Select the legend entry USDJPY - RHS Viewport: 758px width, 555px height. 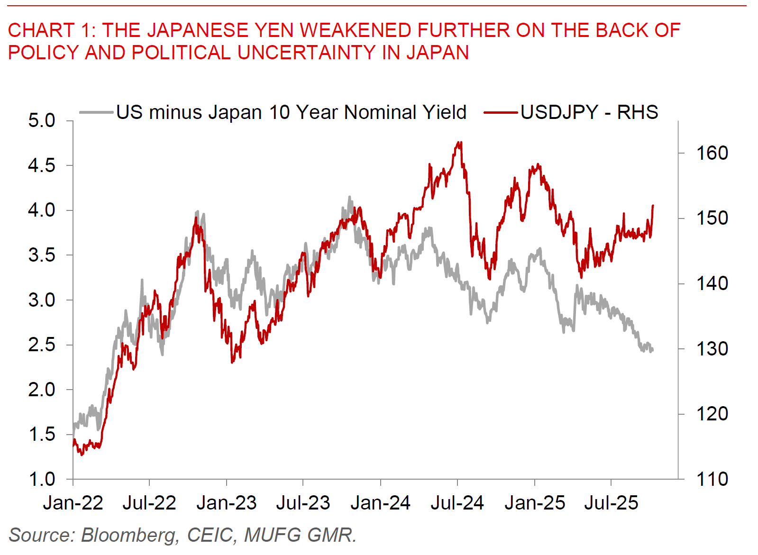click(589, 112)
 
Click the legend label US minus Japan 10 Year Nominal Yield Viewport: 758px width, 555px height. click(291, 112)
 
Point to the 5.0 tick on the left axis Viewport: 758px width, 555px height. click(42, 120)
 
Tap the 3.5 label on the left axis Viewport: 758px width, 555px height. click(42, 255)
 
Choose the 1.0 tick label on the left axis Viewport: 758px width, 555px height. click(42, 479)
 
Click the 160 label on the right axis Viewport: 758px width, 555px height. click(712, 153)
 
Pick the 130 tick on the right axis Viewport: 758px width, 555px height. click(712, 349)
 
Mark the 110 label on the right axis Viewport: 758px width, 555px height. click(712, 479)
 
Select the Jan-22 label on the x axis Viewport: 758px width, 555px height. click(73, 503)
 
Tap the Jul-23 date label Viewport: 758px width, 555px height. click(303, 503)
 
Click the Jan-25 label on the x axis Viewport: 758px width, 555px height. click(535, 503)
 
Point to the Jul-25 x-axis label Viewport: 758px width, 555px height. click(611, 503)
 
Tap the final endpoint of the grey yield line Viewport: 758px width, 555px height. click(652, 350)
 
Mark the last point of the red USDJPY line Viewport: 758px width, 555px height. click(653, 206)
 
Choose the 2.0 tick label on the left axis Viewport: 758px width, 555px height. click(42, 390)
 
